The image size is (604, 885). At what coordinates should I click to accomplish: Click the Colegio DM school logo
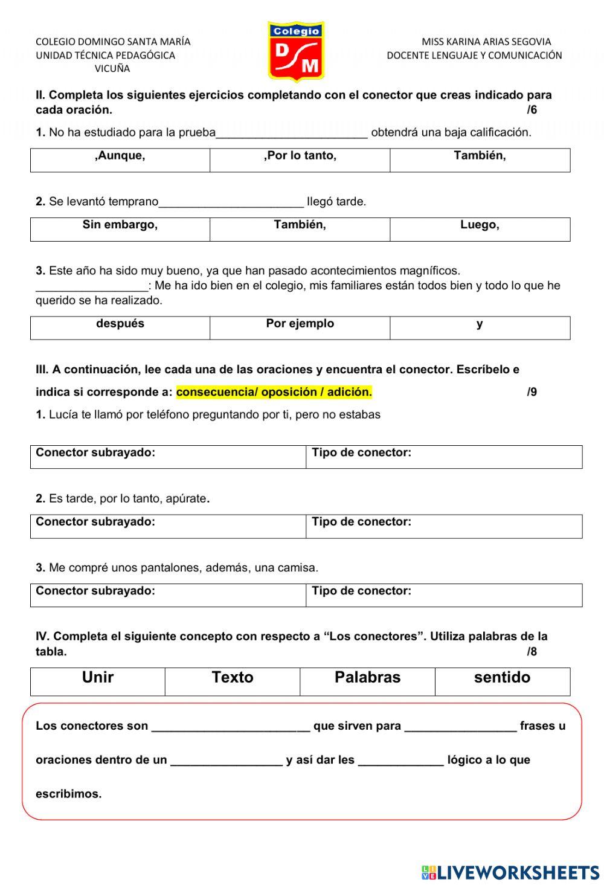(x=296, y=51)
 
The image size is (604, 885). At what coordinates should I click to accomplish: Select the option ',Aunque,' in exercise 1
(x=120, y=156)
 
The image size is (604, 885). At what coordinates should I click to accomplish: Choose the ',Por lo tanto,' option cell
(x=300, y=156)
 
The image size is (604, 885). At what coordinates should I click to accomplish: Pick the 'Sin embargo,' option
(x=120, y=226)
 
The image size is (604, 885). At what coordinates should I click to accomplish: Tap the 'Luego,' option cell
(x=480, y=226)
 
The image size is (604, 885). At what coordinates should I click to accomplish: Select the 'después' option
(x=120, y=324)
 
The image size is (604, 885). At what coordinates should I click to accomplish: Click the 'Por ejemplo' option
(x=300, y=324)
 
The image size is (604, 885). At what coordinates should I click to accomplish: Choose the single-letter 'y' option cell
(x=480, y=324)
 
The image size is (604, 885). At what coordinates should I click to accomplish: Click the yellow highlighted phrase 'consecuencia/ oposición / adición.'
(x=274, y=392)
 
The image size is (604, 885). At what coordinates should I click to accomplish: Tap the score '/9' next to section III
(x=532, y=392)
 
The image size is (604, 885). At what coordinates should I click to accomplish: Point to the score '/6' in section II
(x=532, y=110)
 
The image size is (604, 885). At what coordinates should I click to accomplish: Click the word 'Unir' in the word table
(x=98, y=678)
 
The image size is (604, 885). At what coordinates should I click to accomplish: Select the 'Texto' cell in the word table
(x=233, y=678)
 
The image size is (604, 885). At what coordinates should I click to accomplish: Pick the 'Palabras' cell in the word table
(x=367, y=678)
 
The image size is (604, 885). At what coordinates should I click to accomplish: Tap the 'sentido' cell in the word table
(x=502, y=678)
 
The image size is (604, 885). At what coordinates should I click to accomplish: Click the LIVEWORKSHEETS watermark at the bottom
(x=510, y=872)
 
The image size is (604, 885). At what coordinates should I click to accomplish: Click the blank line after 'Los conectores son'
(x=231, y=727)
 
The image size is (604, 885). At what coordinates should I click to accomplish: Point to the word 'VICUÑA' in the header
(x=112, y=69)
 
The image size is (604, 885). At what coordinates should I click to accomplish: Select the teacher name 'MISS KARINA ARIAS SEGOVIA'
(x=486, y=42)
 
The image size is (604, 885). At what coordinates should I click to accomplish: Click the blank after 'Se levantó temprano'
(x=231, y=202)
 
